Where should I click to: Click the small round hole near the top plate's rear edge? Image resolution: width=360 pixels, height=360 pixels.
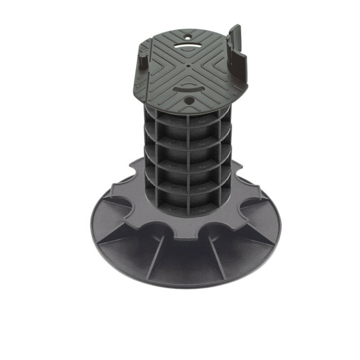188,37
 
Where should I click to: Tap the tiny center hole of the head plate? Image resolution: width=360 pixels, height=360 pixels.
189,66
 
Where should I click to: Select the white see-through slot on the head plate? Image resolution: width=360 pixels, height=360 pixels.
188,46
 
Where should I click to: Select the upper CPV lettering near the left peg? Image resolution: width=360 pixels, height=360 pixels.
143,47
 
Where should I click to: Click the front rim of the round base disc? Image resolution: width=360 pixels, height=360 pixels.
187,284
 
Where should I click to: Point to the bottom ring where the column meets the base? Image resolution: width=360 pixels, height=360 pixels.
187,212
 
